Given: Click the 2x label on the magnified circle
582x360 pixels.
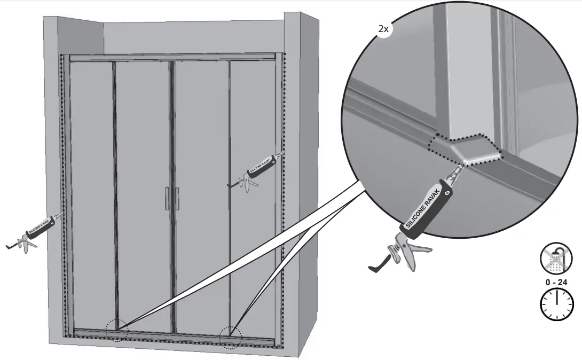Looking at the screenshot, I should coord(383,29).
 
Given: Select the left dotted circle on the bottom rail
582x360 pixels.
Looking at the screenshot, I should coord(116,330).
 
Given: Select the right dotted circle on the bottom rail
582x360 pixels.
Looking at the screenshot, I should coord(231,338).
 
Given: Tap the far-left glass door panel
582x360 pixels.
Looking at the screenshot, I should coord(91,192).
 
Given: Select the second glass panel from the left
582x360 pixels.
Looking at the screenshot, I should coord(143,192).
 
